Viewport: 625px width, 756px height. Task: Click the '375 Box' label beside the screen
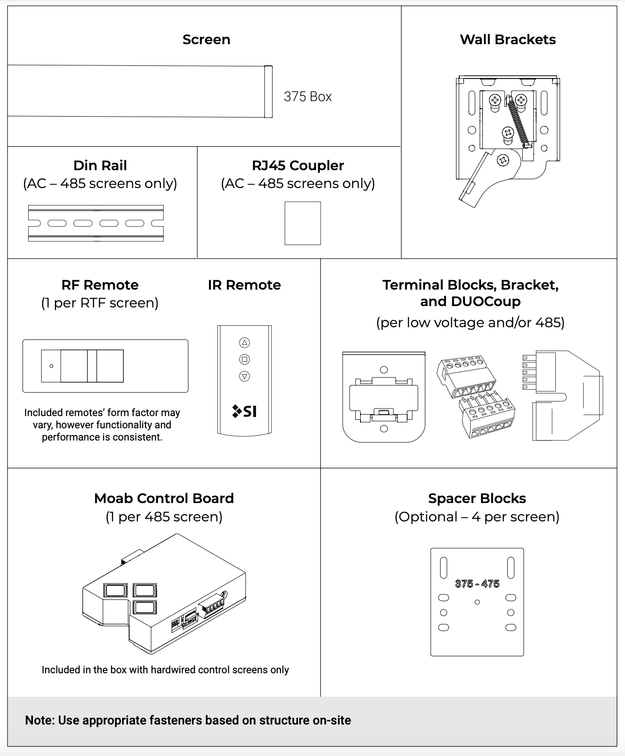(x=307, y=96)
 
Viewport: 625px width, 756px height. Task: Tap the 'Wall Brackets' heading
(x=507, y=39)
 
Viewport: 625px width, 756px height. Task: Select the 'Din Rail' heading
(x=100, y=165)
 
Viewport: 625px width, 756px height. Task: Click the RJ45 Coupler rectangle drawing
(x=303, y=223)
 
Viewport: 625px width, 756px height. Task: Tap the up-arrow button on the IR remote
(x=244, y=342)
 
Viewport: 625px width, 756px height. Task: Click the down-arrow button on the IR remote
(x=244, y=376)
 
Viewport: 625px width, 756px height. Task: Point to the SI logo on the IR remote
(x=245, y=411)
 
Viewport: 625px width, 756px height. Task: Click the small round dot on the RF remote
(x=51, y=366)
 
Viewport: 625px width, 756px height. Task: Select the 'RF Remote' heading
(x=100, y=285)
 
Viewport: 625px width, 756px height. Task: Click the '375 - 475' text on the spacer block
(x=477, y=584)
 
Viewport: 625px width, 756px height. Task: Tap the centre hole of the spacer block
(x=477, y=602)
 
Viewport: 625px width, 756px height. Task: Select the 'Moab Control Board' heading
(x=164, y=498)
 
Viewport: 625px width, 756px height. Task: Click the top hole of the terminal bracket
(x=384, y=370)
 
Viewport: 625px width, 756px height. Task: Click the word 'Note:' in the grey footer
(x=40, y=720)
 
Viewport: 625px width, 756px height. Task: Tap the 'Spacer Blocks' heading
(x=477, y=498)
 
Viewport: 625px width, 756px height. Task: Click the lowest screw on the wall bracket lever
(x=503, y=161)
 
